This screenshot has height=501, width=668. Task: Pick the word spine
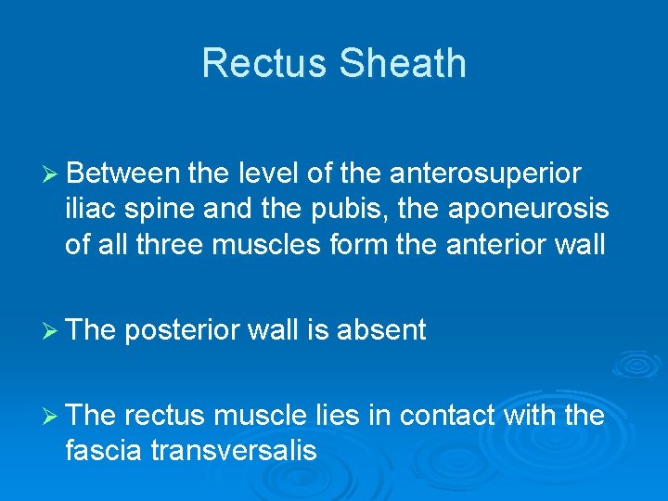tap(162, 209)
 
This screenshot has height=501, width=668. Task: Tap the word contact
tap(449, 415)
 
